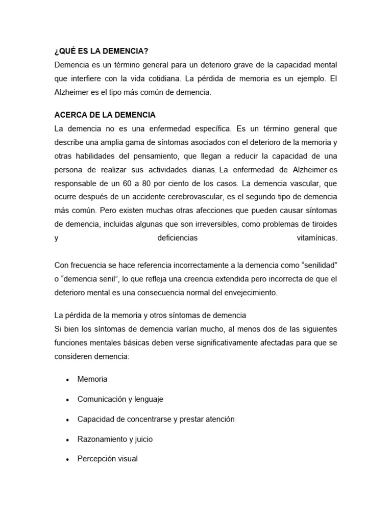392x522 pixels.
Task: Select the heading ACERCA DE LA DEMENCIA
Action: point(105,115)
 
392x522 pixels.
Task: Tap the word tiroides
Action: point(321,224)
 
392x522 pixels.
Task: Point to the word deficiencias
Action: point(176,238)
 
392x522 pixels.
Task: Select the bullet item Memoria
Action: point(92,379)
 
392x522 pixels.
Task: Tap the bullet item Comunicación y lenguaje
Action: point(120,399)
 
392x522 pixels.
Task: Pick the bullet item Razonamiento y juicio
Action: point(115,439)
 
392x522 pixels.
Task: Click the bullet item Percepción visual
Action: point(108,459)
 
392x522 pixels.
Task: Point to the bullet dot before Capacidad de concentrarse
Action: point(67,420)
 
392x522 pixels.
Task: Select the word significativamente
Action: point(226,343)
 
